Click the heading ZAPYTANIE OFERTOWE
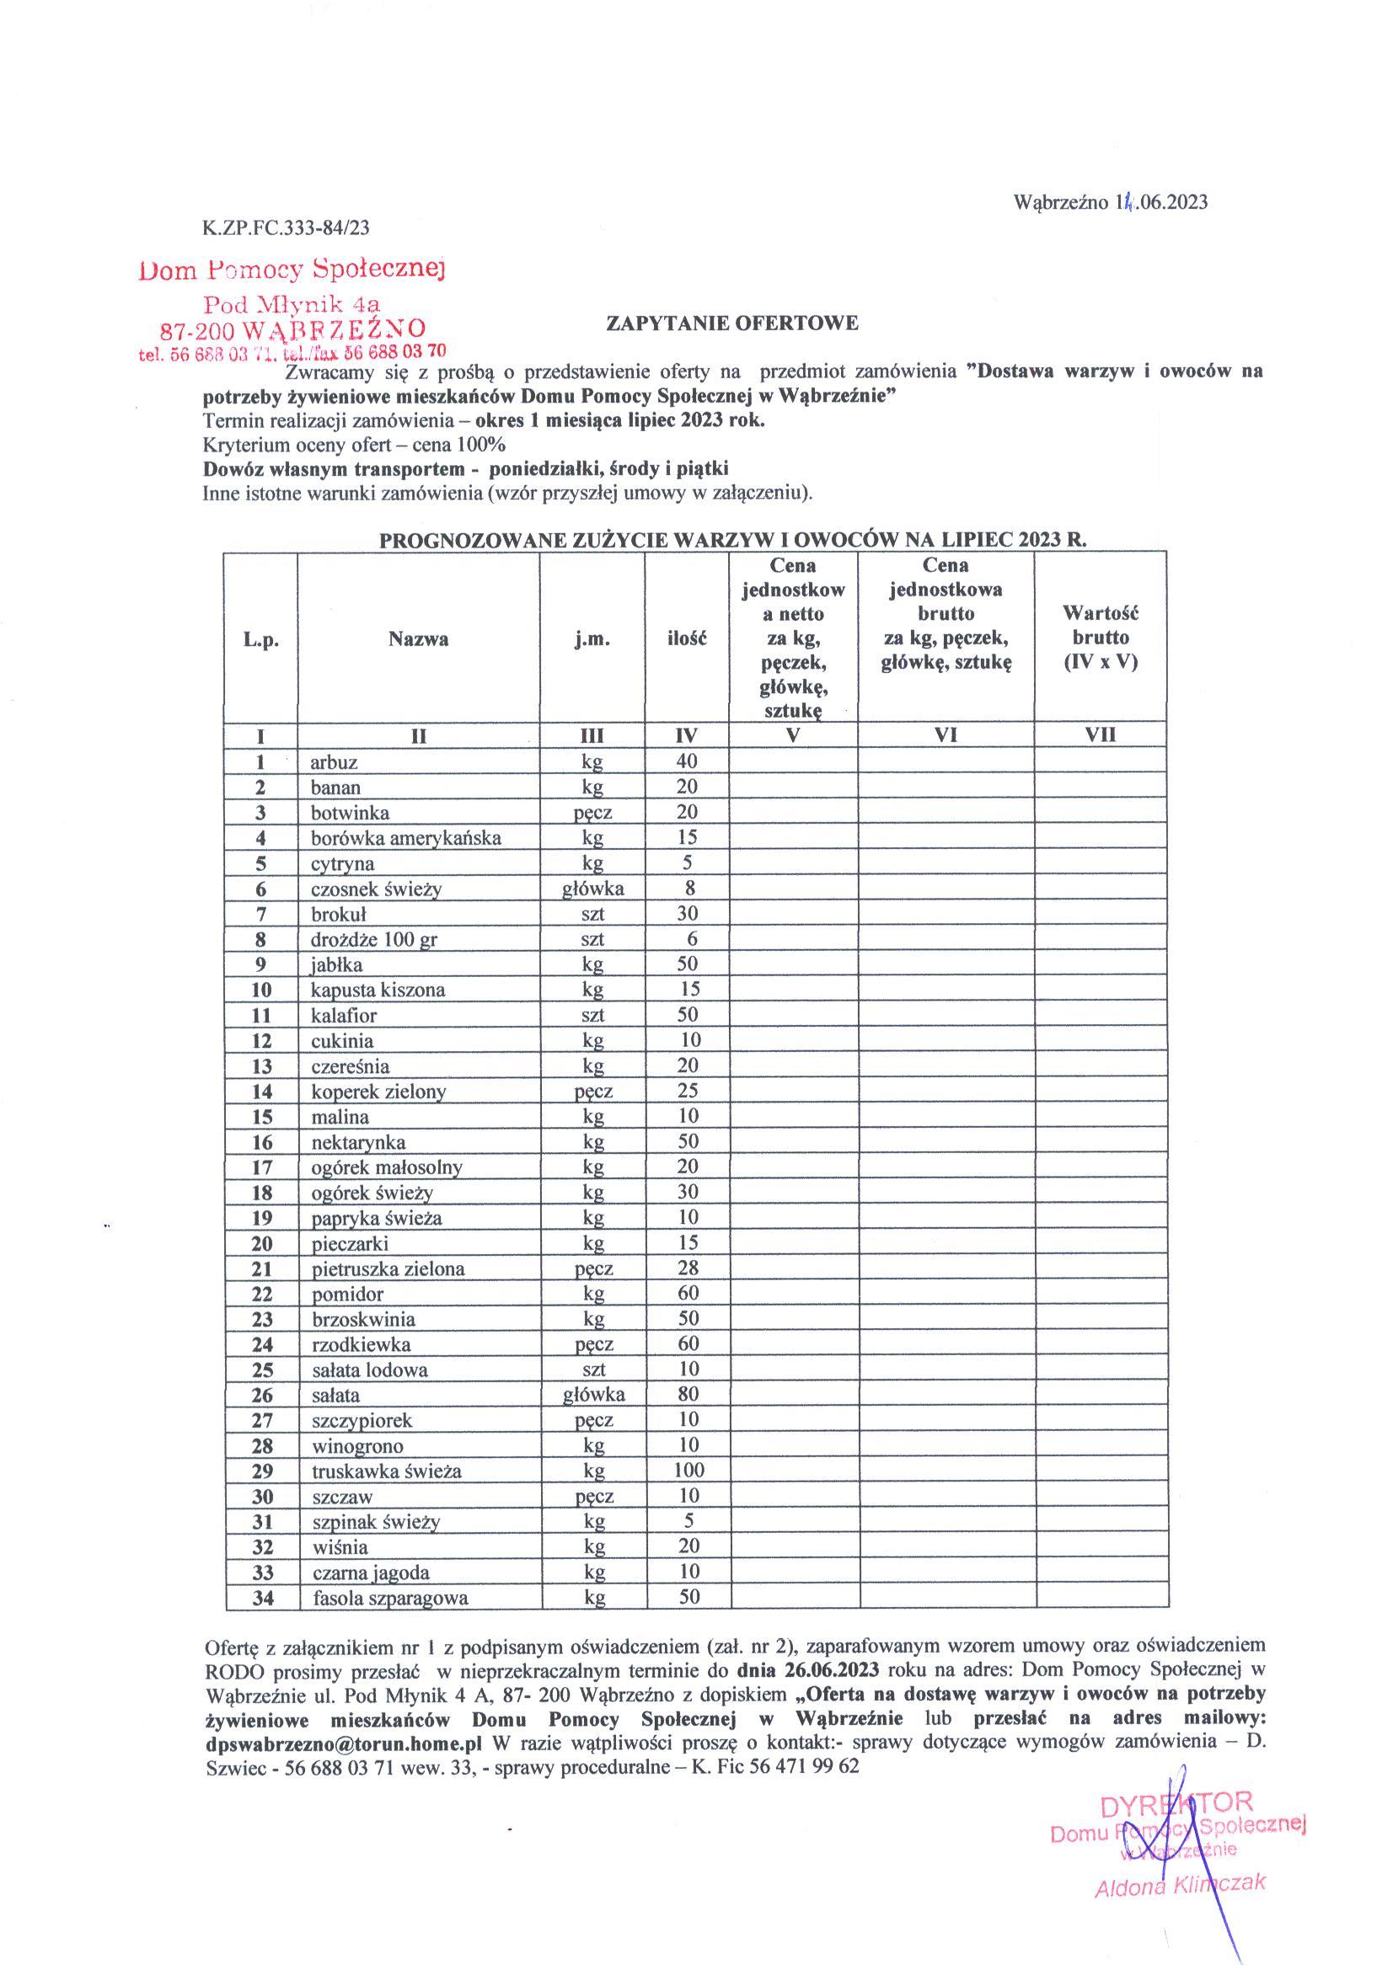pyautogui.click(x=731, y=323)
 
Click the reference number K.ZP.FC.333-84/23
pyautogui.click(x=287, y=227)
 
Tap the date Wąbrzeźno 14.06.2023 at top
pyautogui.click(x=1110, y=202)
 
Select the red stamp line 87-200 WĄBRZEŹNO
pyautogui.click(x=293, y=329)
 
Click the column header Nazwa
pyautogui.click(x=418, y=638)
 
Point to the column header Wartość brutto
pyautogui.click(x=1100, y=637)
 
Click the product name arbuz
pyautogui.click(x=334, y=762)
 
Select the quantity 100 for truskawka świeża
pyautogui.click(x=688, y=1471)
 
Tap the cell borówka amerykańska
pyautogui.click(x=405, y=837)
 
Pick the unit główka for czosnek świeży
pyautogui.click(x=592, y=889)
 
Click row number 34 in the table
pyautogui.click(x=261, y=1597)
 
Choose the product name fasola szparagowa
pyautogui.click(x=390, y=1598)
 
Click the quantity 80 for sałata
pyautogui.click(x=688, y=1394)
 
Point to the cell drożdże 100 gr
pyautogui.click(x=374, y=940)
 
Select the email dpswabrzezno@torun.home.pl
pyautogui.click(x=343, y=1742)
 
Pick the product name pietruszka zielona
pyautogui.click(x=388, y=1268)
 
